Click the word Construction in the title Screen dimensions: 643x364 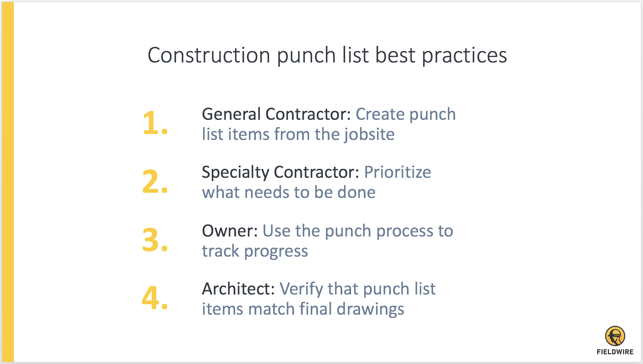coord(209,55)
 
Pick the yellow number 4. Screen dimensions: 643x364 coord(155,298)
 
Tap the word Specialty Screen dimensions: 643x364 coord(235,173)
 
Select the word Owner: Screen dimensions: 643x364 coord(230,231)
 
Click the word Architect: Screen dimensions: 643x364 coord(239,289)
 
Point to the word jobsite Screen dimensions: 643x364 coord(369,135)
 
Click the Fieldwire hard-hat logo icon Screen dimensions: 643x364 coord(615,336)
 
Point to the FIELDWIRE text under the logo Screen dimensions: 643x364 coord(615,352)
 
